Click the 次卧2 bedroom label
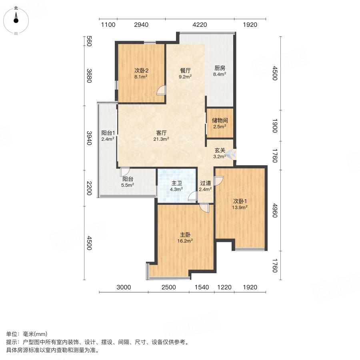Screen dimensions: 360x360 (x=141, y=70)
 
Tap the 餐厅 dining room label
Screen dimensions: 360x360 (x=185, y=70)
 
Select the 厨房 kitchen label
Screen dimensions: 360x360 (x=220, y=68)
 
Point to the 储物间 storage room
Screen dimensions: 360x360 (x=220, y=124)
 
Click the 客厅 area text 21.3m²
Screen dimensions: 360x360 (x=161, y=139)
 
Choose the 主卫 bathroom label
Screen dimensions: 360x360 (x=176, y=183)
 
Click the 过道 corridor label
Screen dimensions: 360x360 (x=206, y=183)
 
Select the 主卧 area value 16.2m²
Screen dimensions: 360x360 (x=185, y=241)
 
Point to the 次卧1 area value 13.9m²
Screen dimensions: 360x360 (x=240, y=207)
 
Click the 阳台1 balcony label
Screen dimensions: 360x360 (x=108, y=133)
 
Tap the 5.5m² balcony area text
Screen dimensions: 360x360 (x=128, y=185)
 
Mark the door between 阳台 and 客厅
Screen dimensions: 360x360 (x=125, y=172)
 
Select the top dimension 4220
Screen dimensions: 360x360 (x=200, y=25)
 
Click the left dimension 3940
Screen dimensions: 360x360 (x=89, y=138)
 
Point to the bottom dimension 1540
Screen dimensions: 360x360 (x=202, y=287)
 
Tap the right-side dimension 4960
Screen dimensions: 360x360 (x=275, y=210)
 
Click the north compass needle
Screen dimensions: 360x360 (x=16, y=17)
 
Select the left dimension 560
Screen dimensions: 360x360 (x=89, y=41)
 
